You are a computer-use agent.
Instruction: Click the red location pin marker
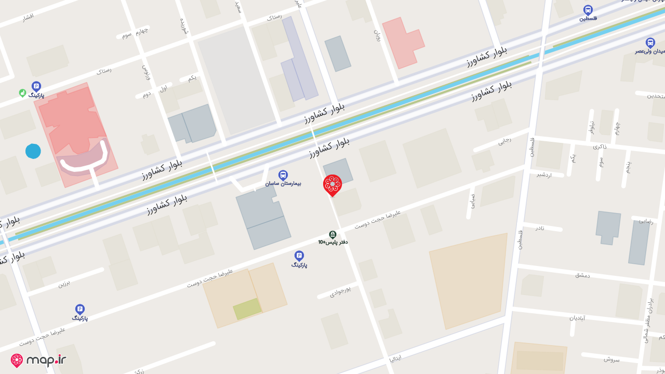[x=332, y=185]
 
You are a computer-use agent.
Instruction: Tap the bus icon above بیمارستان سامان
[x=283, y=175]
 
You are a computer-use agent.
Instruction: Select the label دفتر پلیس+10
[x=333, y=242]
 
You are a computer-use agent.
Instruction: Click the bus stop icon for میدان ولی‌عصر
[x=650, y=43]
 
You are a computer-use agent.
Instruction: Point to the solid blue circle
[x=33, y=151]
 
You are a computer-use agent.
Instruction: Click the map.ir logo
[x=39, y=360]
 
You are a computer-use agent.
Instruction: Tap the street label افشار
[x=28, y=17]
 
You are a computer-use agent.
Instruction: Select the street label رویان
[x=378, y=35]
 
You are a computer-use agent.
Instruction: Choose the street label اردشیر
[x=544, y=175]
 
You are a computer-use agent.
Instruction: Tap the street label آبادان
[x=577, y=317]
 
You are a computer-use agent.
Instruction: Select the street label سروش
[x=611, y=359]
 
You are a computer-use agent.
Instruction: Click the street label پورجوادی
[x=340, y=292]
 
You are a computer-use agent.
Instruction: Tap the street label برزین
[x=64, y=283]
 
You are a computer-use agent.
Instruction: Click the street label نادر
[x=540, y=228]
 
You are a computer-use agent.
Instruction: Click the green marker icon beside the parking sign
[x=22, y=93]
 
